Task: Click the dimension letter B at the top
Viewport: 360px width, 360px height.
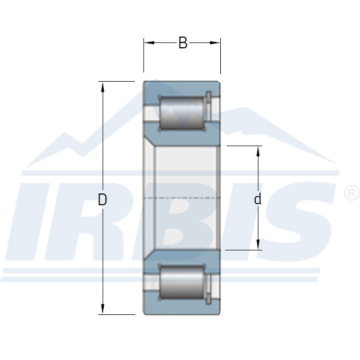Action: coord(183,43)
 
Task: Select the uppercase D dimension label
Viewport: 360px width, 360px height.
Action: coord(103,200)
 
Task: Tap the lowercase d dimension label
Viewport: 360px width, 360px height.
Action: coord(258,199)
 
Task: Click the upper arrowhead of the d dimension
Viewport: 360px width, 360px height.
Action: coord(258,151)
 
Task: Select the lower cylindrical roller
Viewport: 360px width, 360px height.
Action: coord(182,282)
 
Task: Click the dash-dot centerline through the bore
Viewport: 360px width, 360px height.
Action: coord(183,198)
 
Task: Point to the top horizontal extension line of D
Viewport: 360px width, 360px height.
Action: coord(116,82)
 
